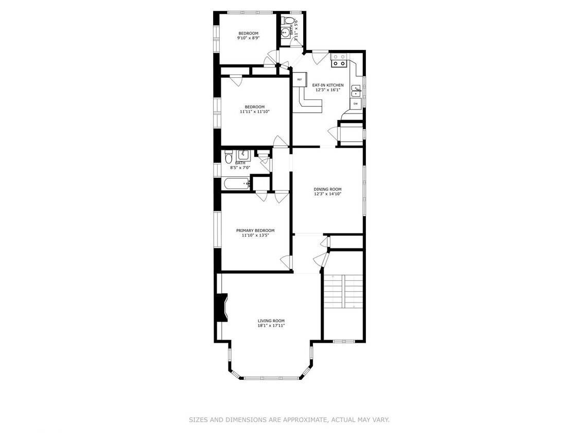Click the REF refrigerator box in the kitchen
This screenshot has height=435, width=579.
(299, 79)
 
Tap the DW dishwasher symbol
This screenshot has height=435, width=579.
(355, 104)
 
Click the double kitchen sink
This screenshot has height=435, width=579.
(356, 92)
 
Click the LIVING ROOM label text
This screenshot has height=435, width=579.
(271, 321)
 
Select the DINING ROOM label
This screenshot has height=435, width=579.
(328, 189)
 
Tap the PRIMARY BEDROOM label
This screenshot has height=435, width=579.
(255, 230)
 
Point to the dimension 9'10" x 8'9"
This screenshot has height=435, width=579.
(248, 38)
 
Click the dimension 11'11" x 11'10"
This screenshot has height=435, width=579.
(255, 111)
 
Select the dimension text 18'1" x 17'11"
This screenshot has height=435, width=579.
(271, 325)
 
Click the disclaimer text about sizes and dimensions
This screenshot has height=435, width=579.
(289, 420)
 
